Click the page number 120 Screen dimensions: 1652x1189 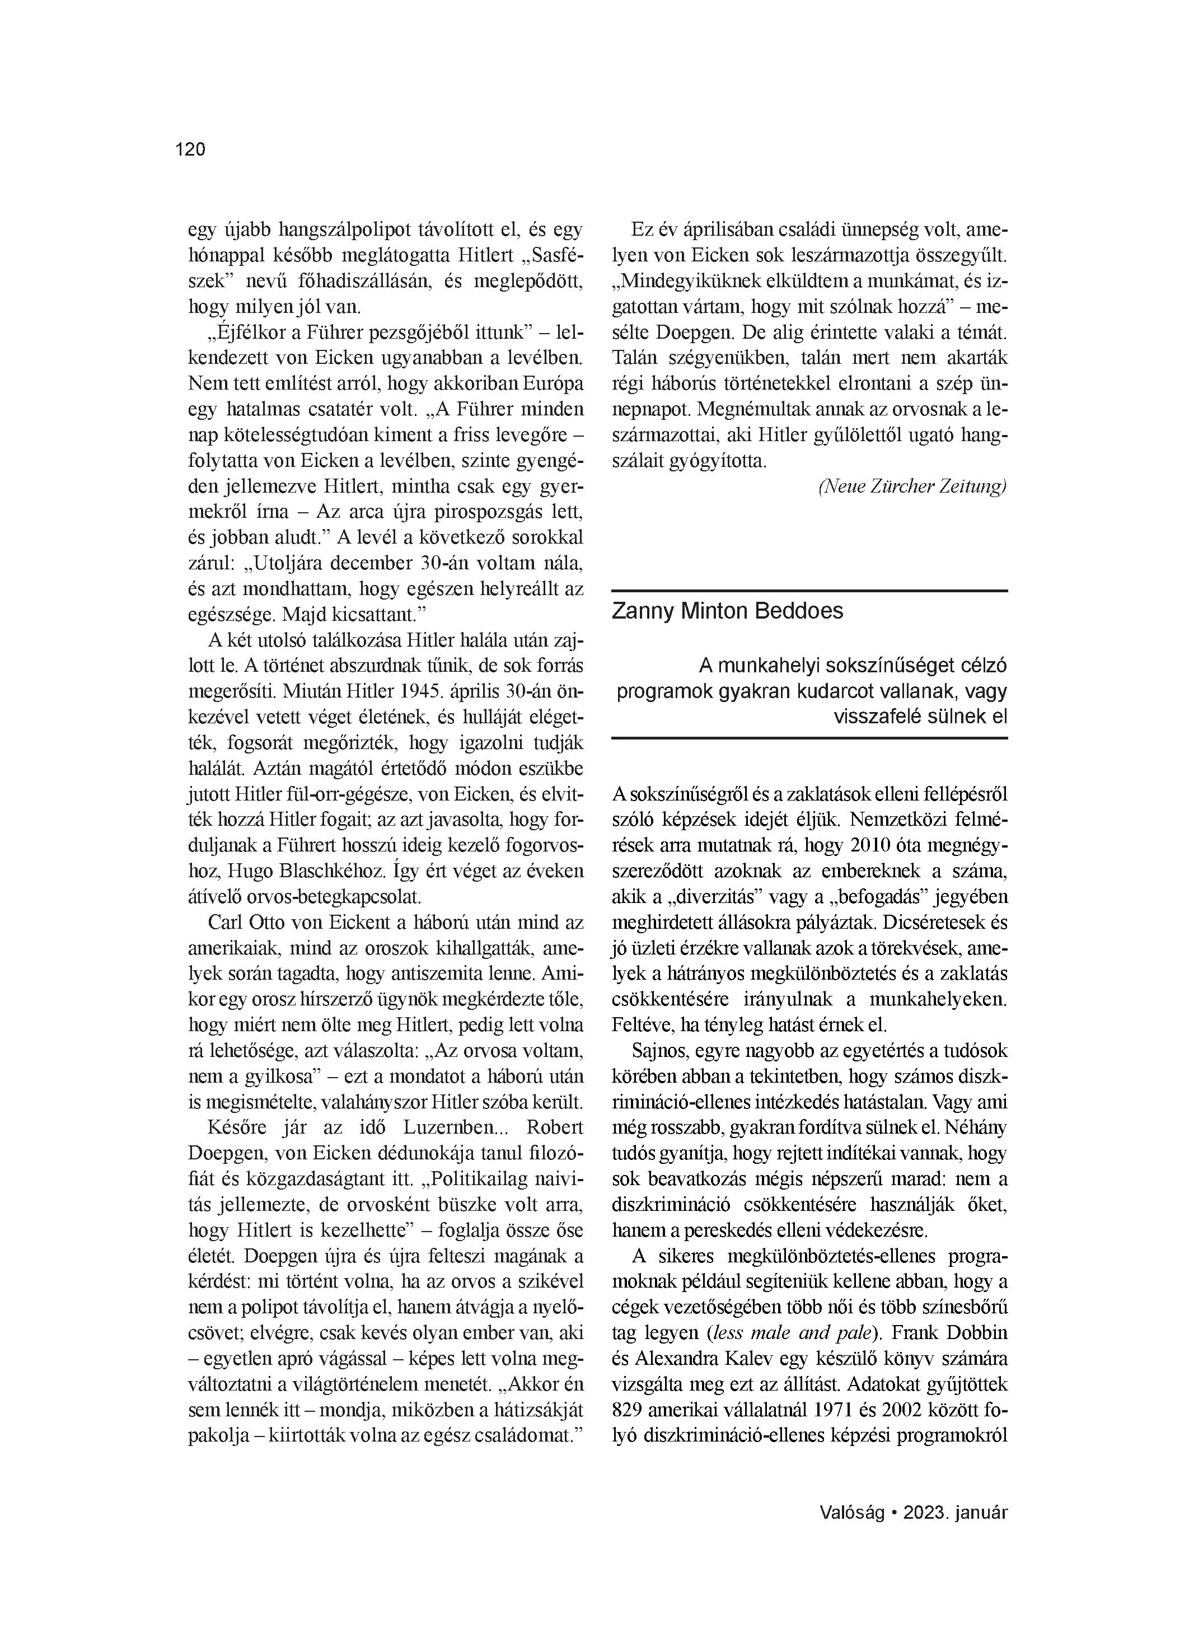pos(190,149)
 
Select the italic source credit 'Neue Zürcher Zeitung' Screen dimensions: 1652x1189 pos(912,486)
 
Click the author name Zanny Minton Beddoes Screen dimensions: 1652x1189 pos(727,610)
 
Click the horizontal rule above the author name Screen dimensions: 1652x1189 pos(809,591)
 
